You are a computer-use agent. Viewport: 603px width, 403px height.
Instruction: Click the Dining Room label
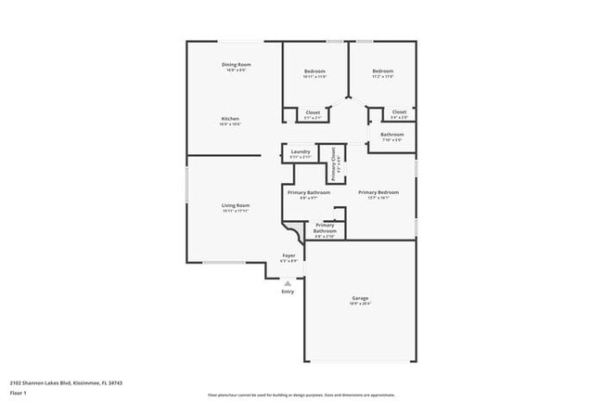tap(236, 64)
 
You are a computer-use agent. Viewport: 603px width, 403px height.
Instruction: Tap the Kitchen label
tap(231, 119)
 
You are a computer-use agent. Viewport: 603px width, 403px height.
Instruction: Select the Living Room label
tap(236, 205)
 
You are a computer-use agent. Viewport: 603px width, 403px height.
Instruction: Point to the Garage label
tap(360, 298)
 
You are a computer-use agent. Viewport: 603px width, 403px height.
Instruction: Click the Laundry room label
tap(301, 152)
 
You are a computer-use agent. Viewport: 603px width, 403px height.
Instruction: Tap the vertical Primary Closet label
tap(334, 164)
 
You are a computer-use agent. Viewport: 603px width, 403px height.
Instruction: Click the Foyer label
tap(289, 254)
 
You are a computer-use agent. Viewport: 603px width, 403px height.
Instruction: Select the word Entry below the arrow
tap(288, 292)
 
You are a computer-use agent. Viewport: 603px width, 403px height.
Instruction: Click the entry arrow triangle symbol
tap(288, 282)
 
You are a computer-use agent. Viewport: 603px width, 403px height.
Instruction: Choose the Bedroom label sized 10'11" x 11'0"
tap(314, 71)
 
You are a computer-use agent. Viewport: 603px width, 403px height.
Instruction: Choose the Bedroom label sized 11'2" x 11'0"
tap(383, 71)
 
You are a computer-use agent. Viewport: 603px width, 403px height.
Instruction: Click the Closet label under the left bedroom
tap(314, 112)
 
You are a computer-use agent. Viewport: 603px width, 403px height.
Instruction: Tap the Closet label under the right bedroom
tap(399, 112)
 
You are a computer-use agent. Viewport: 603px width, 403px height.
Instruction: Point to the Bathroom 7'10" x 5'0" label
tap(391, 135)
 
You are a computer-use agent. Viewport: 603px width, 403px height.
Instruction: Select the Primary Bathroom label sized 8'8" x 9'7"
tap(309, 192)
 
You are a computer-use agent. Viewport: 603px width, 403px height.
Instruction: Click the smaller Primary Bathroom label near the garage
tap(325, 227)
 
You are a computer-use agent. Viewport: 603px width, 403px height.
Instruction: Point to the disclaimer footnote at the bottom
tap(301, 395)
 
